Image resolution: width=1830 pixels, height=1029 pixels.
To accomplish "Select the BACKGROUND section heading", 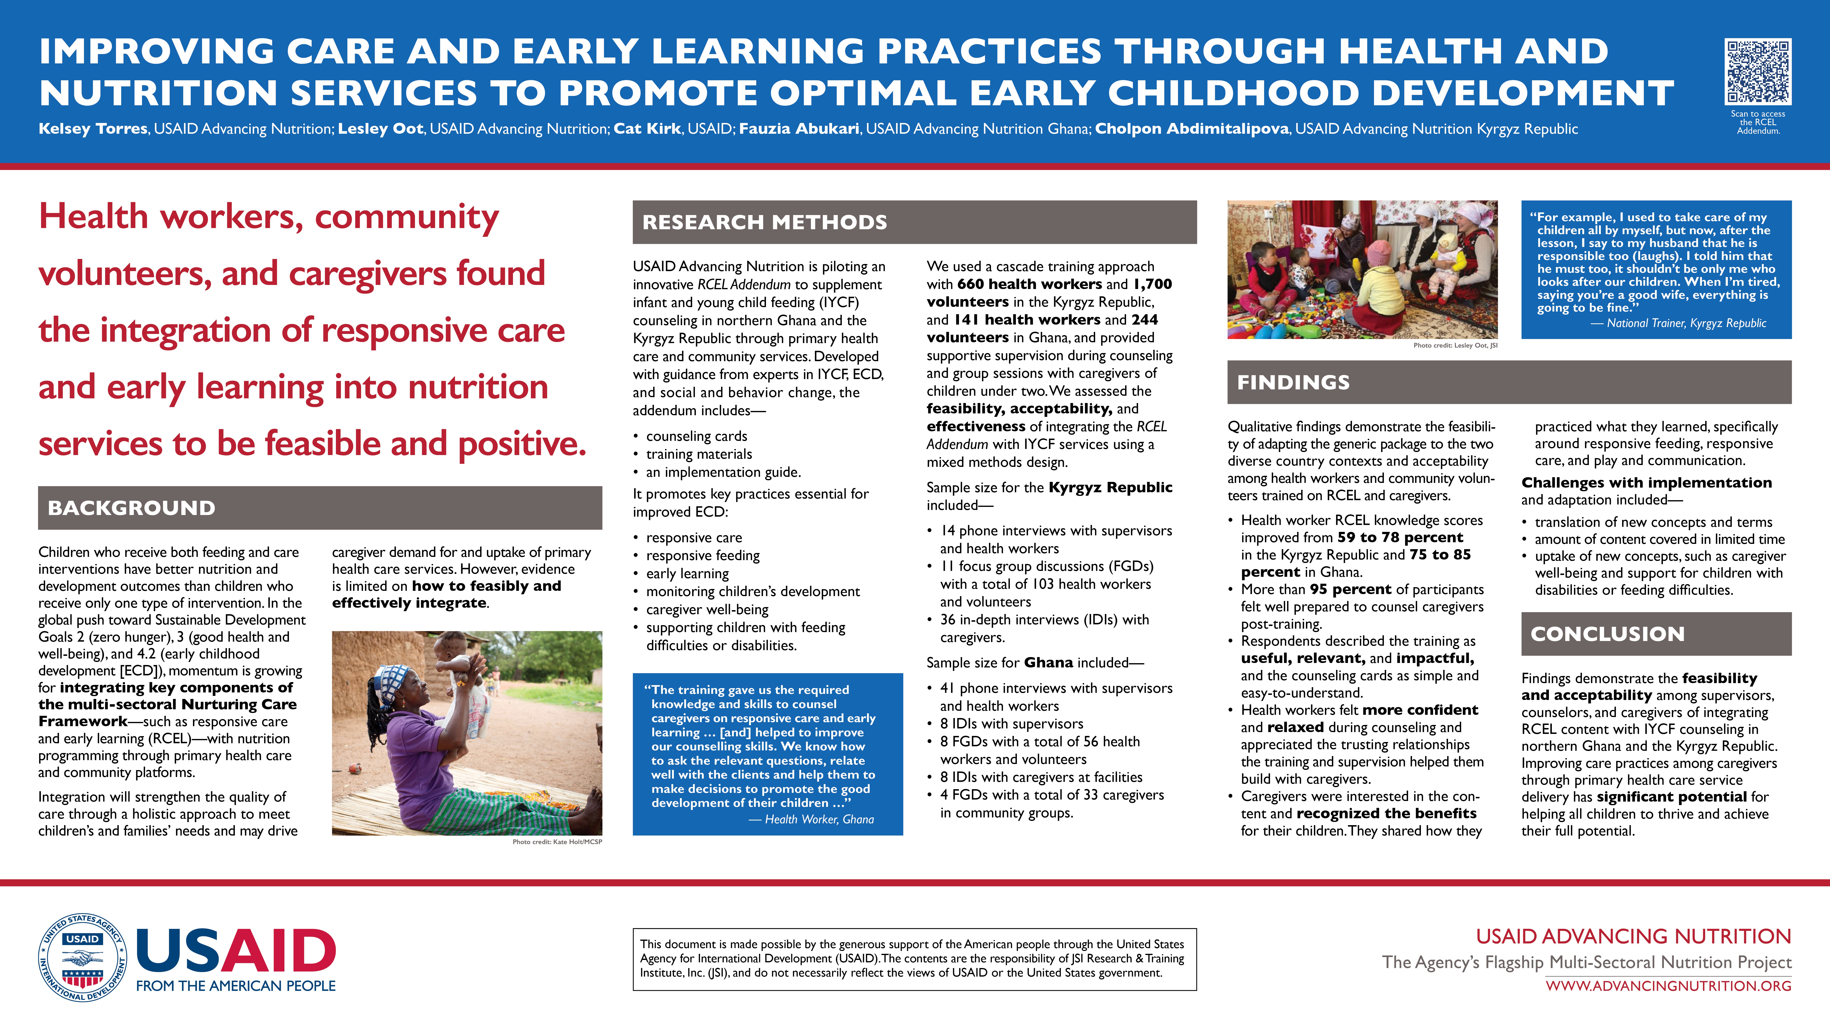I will click(131, 508).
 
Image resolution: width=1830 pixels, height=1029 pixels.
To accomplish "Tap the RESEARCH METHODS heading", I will click(764, 222).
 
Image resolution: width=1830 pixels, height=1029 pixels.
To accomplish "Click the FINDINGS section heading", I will click(1293, 382).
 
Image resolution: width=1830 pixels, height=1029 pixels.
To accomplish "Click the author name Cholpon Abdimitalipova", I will click(1191, 128).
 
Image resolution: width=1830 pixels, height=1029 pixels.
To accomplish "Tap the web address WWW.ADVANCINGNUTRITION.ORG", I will click(1668, 986).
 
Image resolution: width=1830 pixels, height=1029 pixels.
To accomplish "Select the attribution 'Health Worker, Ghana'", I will click(819, 819).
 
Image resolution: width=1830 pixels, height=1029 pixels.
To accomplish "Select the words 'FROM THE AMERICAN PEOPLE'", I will click(236, 986).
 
